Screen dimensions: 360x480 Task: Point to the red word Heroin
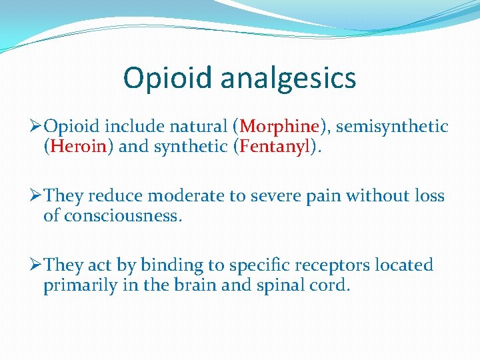(79, 147)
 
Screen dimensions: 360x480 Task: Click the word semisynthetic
(393, 127)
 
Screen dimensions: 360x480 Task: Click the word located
(403, 265)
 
